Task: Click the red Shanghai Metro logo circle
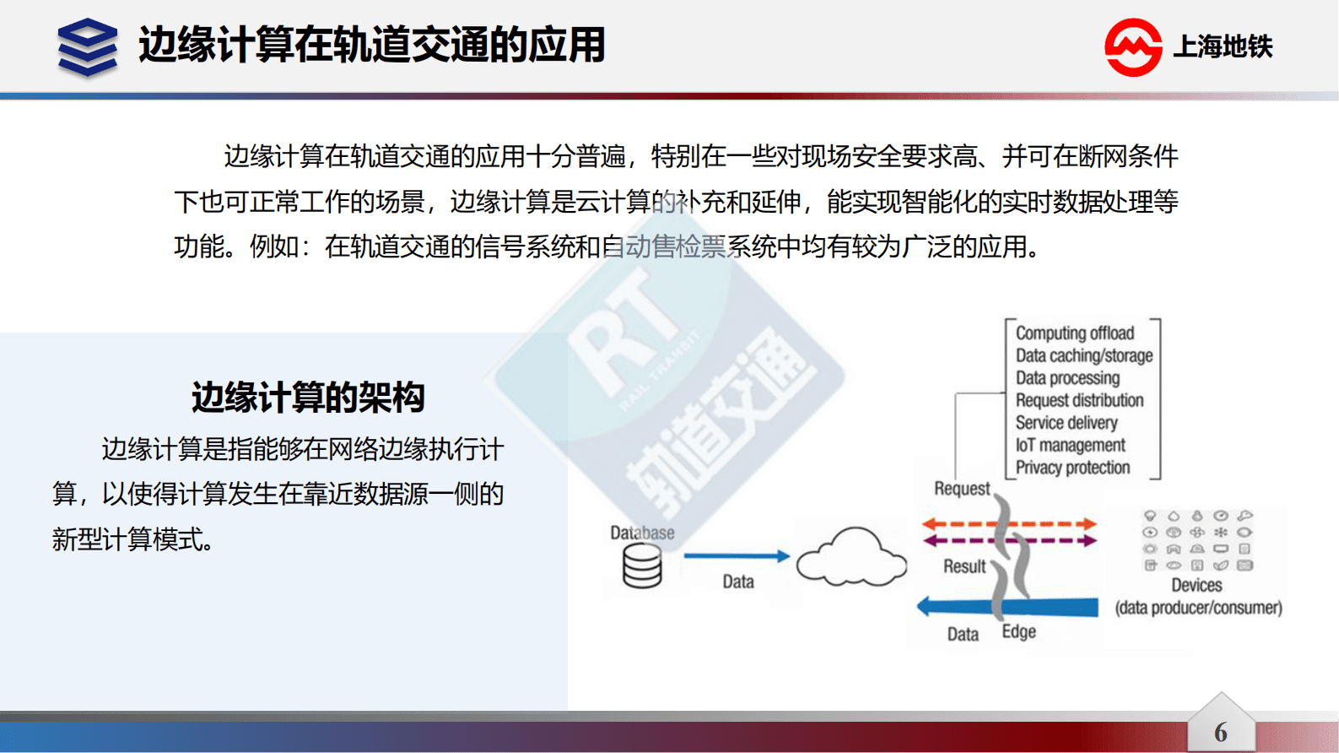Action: [x=1133, y=47]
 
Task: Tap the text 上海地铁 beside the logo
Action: [x=1223, y=47]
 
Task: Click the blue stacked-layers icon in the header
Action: [x=88, y=47]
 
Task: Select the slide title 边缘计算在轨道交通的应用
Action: [x=372, y=46]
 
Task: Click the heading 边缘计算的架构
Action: [x=308, y=397]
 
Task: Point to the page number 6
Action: [x=1220, y=732]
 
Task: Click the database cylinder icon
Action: [x=642, y=566]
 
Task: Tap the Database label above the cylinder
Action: [x=642, y=533]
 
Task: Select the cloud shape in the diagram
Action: [x=851, y=558]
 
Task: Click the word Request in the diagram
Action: [x=962, y=489]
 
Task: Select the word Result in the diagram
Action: [x=964, y=566]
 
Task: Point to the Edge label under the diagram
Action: [x=1018, y=632]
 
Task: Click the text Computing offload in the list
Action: [x=1074, y=333]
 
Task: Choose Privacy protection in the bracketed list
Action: [x=1072, y=468]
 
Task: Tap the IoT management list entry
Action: [x=1070, y=445]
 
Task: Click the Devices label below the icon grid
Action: [x=1196, y=585]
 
